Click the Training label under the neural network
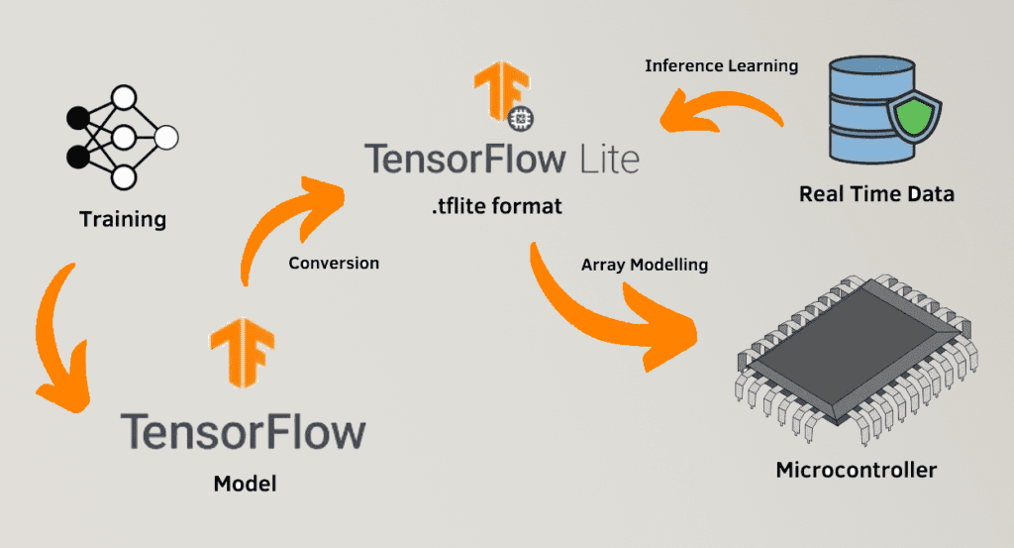pos(123,218)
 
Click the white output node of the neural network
pos(165,136)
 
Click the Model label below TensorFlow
pos(245,485)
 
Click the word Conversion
pos(334,264)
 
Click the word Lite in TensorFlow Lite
pos(607,160)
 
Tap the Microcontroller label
pos(856,469)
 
